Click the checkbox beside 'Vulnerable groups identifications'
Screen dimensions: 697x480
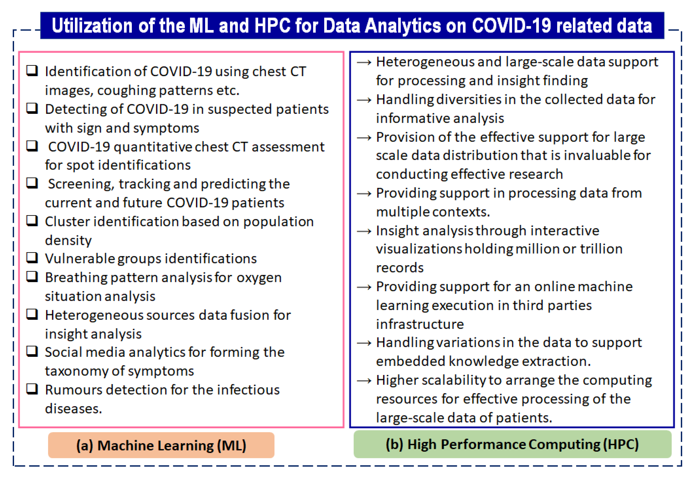pos(32,258)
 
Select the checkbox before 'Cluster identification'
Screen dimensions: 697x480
pos(32,221)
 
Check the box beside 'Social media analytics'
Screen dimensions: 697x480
pos(32,351)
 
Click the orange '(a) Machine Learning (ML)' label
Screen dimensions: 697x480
pos(161,445)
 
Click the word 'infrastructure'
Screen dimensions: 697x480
pos(420,324)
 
